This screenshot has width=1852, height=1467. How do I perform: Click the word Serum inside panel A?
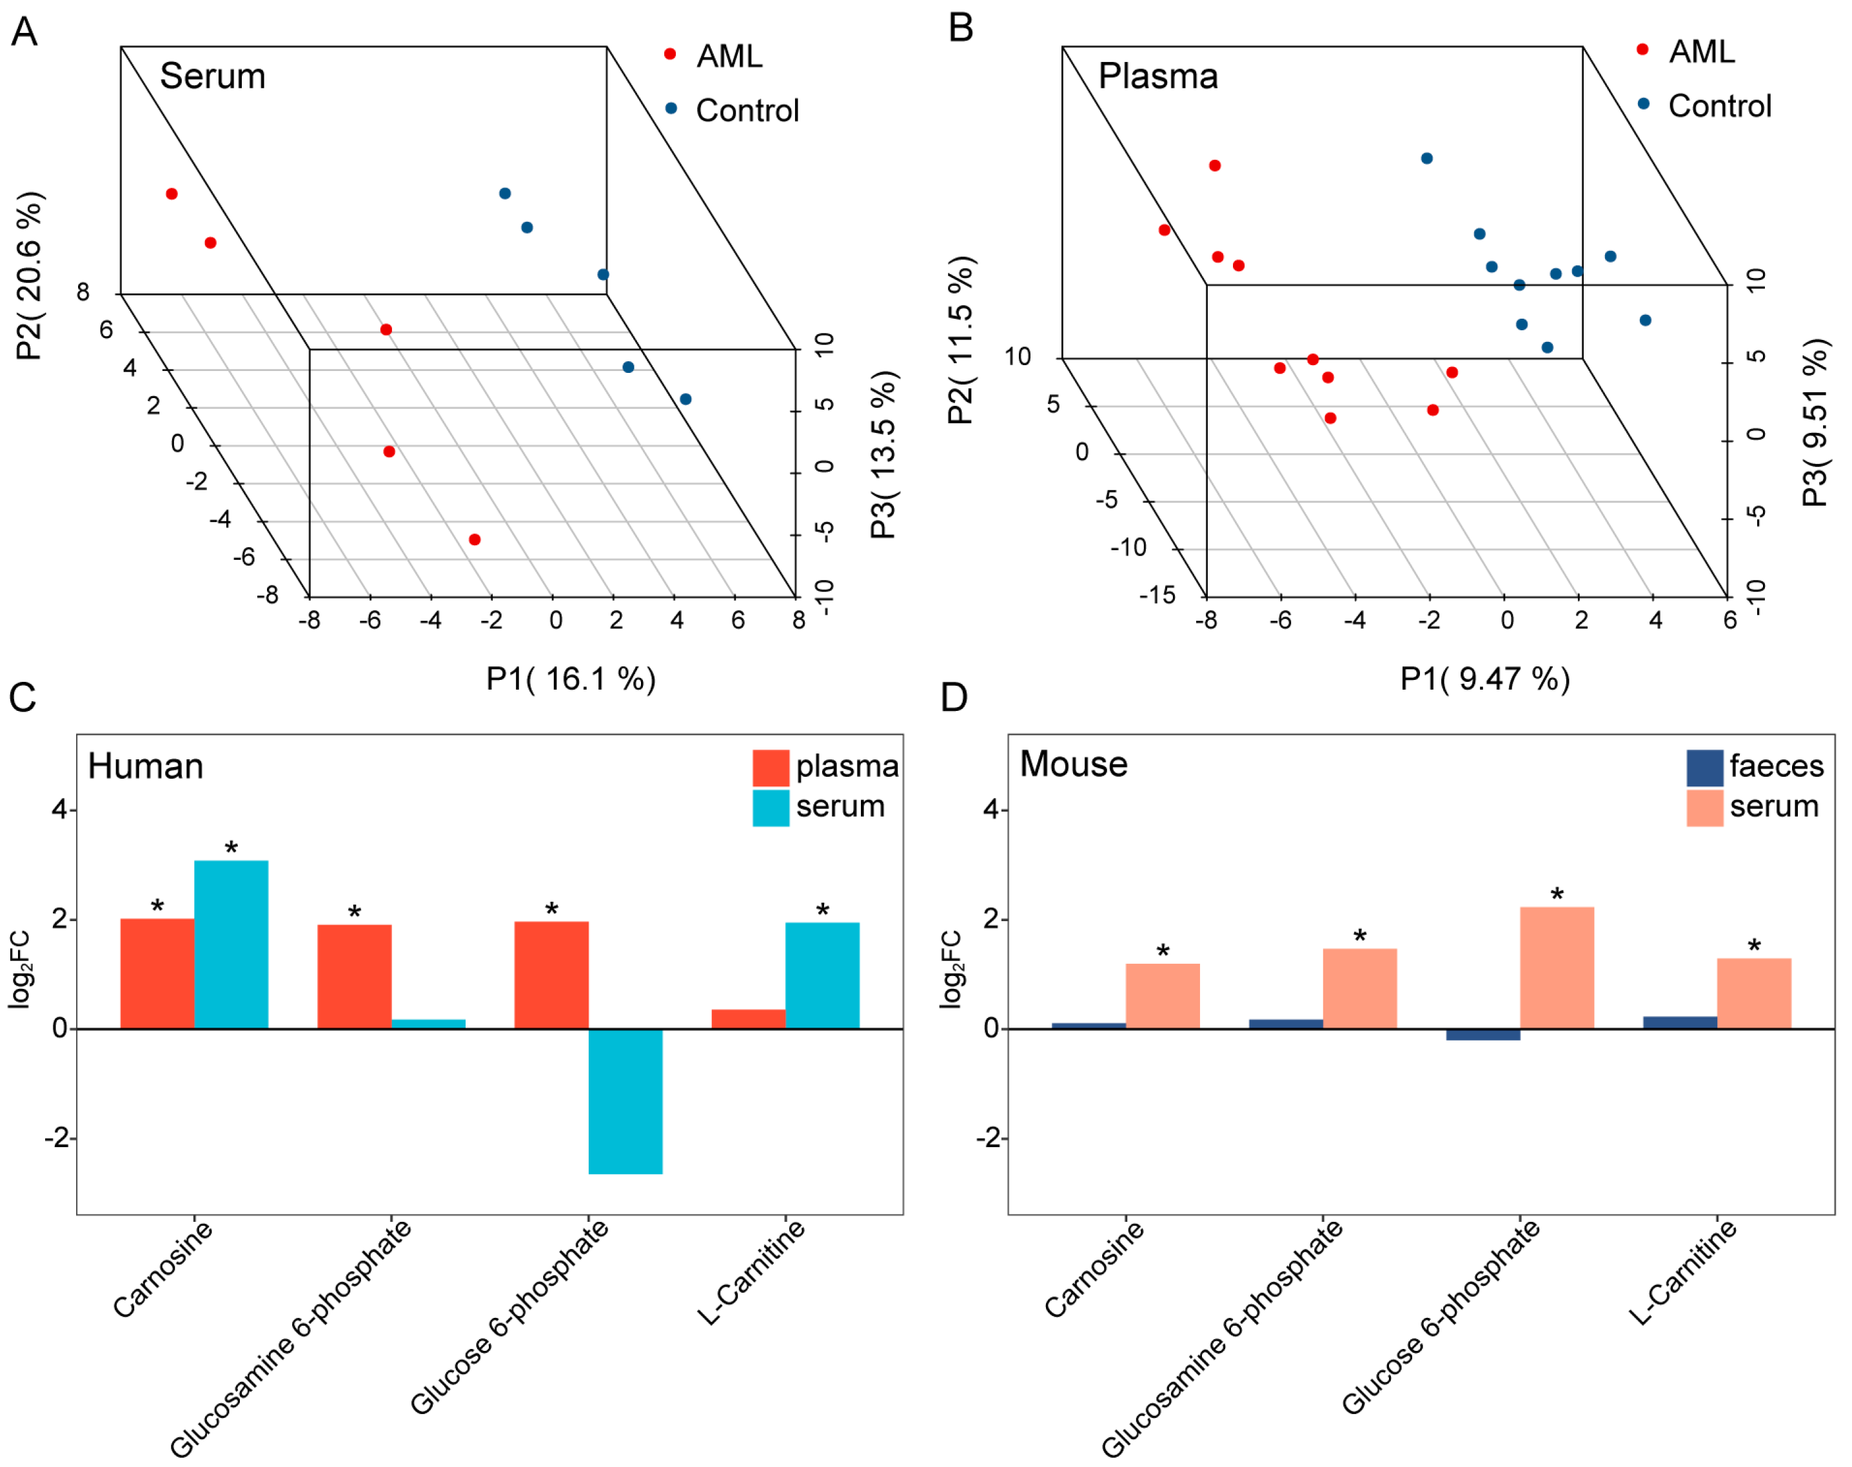coord(212,76)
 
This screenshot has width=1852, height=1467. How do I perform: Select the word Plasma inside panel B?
coord(1157,76)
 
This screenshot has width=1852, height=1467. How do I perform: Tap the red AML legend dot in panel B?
coord(1642,50)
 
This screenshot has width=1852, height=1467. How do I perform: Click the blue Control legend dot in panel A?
coord(671,108)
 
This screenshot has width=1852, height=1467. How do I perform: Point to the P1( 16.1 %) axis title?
coord(571,679)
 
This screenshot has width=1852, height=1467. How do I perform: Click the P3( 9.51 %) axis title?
coord(1815,423)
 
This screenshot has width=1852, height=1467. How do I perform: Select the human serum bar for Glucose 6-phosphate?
coord(625,1101)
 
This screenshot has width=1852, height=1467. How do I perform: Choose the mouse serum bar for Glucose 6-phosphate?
coord(1557,967)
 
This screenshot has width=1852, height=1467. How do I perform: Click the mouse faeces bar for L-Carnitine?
coord(1679,1022)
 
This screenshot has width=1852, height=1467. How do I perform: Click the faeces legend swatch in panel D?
coord(1704,767)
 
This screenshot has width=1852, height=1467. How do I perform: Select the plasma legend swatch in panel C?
coord(770,767)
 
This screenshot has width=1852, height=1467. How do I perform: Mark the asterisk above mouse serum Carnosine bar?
coord(1163,952)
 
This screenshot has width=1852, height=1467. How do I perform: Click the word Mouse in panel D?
coord(1073,764)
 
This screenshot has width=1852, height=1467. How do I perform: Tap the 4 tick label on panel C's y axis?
coord(59,809)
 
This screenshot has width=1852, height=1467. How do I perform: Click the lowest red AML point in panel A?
coord(475,539)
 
